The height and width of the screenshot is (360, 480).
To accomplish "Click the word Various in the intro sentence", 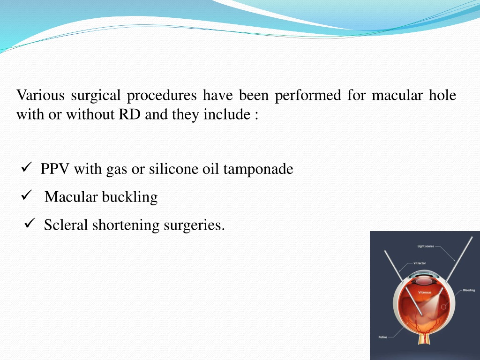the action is (40, 95).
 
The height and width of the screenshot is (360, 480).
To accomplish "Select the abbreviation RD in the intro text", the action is (129, 114).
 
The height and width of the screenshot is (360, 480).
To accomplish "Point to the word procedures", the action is (162, 96).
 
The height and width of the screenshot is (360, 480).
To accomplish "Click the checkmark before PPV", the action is (27, 167).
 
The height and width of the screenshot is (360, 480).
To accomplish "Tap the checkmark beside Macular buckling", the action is (27, 195).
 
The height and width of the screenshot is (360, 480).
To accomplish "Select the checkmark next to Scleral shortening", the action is (30, 223).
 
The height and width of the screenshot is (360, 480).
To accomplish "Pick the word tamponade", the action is (258, 169).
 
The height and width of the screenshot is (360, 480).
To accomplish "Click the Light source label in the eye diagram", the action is (426, 246).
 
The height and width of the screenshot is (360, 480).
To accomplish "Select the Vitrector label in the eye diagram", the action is (420, 263).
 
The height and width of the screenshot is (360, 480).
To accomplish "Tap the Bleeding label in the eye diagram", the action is (469, 290).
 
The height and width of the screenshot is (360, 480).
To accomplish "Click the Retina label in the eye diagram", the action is (382, 337).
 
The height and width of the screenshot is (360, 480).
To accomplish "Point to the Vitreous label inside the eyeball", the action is (425, 292).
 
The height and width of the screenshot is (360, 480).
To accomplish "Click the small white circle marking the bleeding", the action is (443, 307).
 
